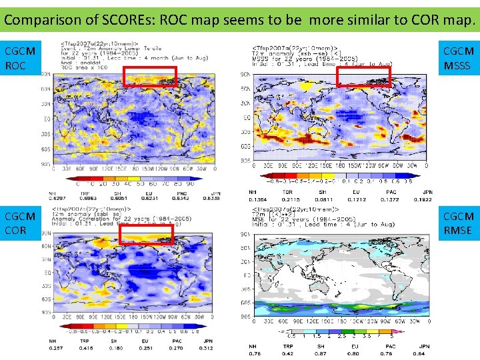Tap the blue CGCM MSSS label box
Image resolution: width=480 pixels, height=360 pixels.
click(459, 58)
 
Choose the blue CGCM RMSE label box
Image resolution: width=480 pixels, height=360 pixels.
click(459, 223)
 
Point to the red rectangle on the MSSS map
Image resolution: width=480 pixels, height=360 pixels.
click(363, 77)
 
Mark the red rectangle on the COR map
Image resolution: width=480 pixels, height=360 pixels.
click(150, 234)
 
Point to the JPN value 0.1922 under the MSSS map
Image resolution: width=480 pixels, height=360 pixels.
click(424, 199)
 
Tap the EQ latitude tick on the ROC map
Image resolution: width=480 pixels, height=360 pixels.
click(47, 119)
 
